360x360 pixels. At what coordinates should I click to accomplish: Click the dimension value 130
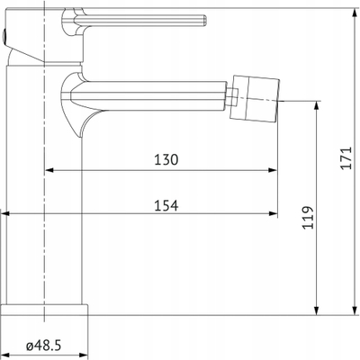[166, 159]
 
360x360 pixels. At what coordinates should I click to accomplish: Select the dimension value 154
[166, 205]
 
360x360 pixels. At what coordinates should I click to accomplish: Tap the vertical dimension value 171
[346, 157]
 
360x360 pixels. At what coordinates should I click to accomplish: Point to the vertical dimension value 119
[308, 218]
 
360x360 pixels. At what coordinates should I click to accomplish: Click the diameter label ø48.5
[44, 346]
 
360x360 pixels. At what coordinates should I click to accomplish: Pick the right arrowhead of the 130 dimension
[273, 170]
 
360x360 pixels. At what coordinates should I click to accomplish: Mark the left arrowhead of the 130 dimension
[49, 170]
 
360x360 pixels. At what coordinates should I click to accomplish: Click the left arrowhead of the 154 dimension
[5, 213]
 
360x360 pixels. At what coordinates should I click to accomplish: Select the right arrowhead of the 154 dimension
[273, 213]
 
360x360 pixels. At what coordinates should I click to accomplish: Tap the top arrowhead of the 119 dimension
[316, 105]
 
